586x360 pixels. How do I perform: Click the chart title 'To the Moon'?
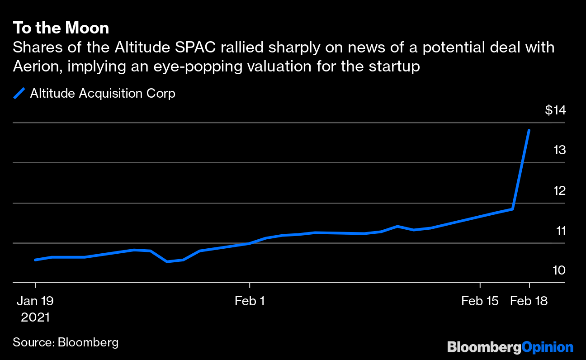pos(61,28)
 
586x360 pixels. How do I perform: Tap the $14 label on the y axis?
pos(555,110)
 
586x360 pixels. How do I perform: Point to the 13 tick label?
pos(559,150)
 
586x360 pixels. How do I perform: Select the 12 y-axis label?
pos(559,190)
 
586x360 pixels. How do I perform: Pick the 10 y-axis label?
pos(559,270)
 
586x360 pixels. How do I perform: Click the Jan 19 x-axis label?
pos(35,301)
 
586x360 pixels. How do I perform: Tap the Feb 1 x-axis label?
pos(250,301)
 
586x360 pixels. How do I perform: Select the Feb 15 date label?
pos(480,301)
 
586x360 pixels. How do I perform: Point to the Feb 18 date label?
pos(529,301)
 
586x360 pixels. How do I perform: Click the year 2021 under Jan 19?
pos(35,317)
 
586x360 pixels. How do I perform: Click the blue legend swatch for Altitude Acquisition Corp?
pos(19,94)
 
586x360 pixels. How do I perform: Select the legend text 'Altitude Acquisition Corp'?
pos(103,94)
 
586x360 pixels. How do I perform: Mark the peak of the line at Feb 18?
pos(529,130)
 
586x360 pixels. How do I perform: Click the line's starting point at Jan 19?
pos(35,260)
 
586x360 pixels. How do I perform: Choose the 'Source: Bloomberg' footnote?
pos(66,342)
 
